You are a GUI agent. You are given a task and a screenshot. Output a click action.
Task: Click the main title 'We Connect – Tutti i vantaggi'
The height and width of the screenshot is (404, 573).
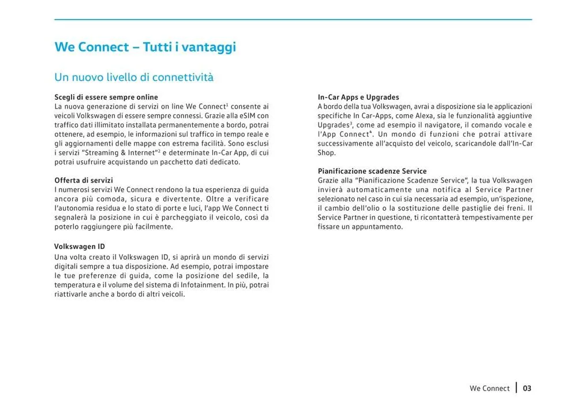[145, 47]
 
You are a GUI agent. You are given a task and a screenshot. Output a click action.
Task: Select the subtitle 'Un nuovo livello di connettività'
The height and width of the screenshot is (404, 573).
[134, 77]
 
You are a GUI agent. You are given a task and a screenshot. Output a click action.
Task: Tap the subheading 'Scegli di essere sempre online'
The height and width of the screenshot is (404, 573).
[106, 97]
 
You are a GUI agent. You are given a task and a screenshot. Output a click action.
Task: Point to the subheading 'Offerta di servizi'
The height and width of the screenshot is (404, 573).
[84, 180]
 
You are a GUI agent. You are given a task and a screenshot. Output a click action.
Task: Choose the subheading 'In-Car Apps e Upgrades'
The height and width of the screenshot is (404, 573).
[358, 97]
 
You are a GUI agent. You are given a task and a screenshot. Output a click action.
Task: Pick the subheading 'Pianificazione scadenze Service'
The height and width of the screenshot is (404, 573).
[372, 171]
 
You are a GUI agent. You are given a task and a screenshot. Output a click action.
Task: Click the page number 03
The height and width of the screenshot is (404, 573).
[527, 388]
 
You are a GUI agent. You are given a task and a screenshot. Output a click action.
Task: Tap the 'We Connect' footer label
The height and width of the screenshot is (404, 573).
[489, 388]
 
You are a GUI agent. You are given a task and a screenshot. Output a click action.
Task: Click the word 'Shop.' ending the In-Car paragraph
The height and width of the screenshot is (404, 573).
[327, 152]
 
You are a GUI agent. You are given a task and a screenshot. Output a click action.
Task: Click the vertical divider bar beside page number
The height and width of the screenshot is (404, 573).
[516, 387]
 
